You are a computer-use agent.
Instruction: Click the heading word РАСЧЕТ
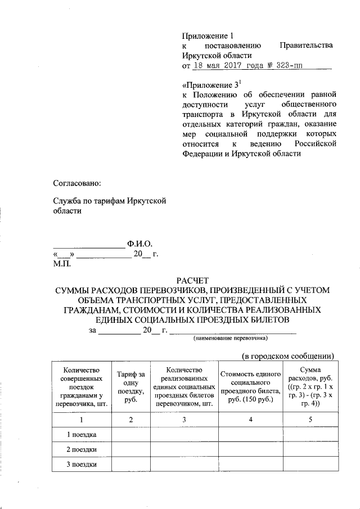click(x=192, y=280)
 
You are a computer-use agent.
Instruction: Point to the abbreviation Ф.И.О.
click(x=140, y=245)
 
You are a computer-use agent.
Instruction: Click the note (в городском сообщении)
click(x=289, y=355)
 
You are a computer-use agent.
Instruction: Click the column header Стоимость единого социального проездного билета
click(x=250, y=386)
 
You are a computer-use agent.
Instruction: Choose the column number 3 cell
click(x=184, y=419)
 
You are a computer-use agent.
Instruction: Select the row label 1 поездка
click(x=82, y=435)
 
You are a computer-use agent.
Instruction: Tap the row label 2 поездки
click(x=82, y=450)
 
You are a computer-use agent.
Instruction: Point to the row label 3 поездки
click(x=82, y=465)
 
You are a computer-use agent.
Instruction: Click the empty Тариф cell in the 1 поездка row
click(x=131, y=435)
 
